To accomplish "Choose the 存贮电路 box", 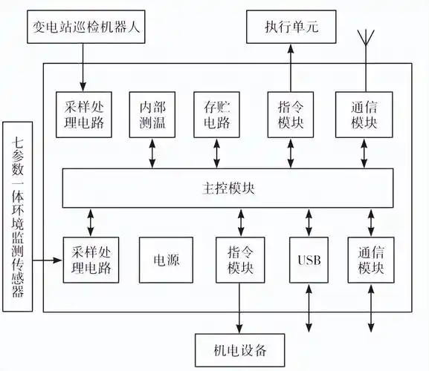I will tap(216, 114).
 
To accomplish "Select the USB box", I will tap(308, 260).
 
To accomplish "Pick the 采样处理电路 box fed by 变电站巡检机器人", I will tap(83, 114).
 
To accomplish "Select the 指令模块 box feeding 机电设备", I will tap(240, 260).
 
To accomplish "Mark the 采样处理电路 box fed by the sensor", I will tap(91, 260).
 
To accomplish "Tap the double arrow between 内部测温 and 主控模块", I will tap(152, 153).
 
